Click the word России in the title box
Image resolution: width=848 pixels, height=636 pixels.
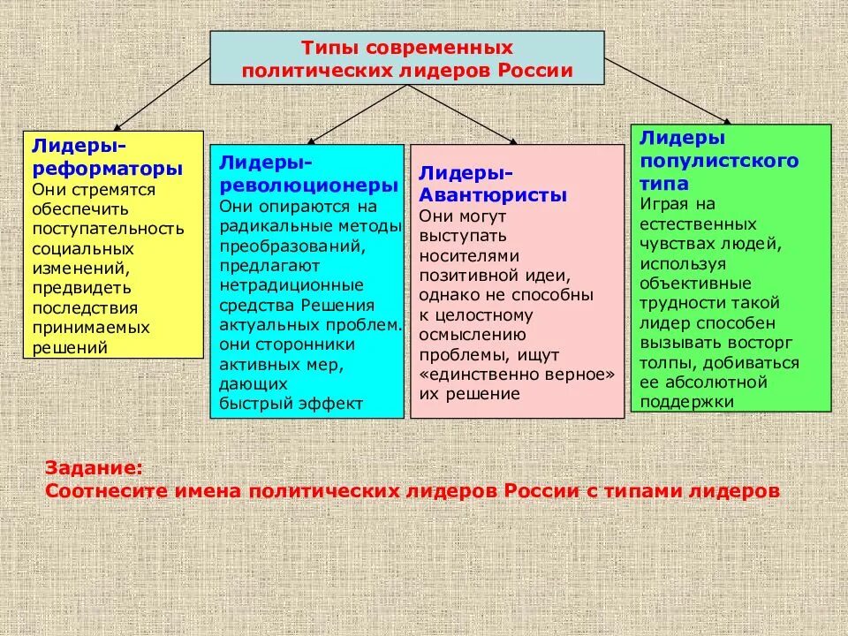point(539,71)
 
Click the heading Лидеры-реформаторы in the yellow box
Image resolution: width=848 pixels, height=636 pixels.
point(108,156)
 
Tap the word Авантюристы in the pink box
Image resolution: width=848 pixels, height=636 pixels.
point(493,195)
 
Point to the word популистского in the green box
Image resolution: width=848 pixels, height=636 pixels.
point(718,161)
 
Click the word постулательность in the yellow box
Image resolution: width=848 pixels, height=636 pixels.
point(108,229)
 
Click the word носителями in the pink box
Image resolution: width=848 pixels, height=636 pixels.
point(466,255)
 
